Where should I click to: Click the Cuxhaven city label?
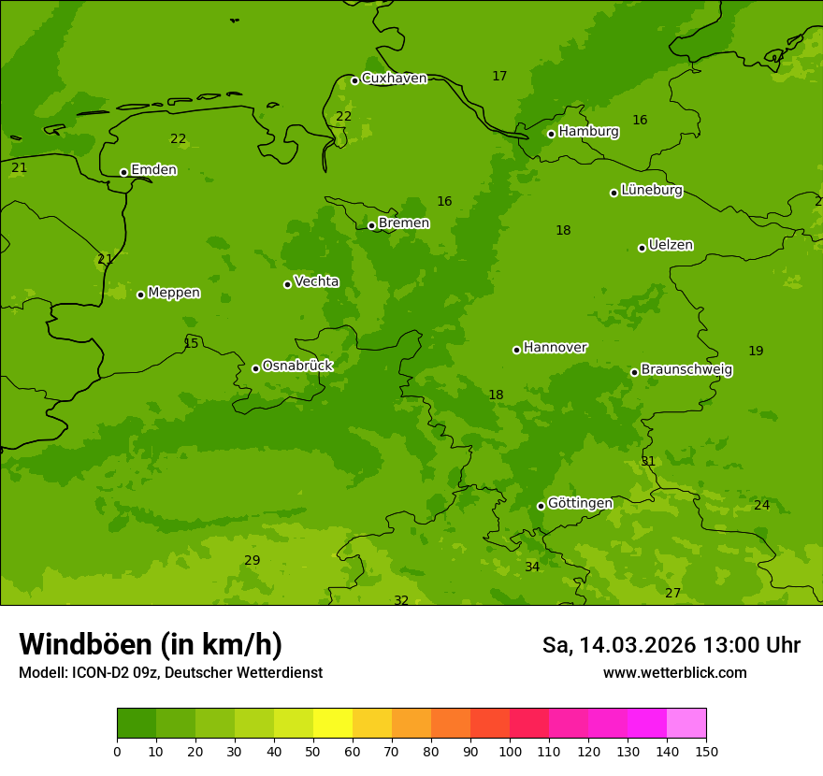coord(394,79)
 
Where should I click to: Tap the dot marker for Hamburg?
coord(552,134)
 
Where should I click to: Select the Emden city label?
coord(153,170)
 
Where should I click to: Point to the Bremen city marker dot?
coord(371,225)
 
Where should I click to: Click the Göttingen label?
coord(580,504)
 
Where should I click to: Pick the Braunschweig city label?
coord(686,370)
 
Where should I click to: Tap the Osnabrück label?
coord(297,366)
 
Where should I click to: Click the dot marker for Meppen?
coord(141,295)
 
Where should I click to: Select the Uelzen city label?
coord(671,246)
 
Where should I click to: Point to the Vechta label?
coord(316,282)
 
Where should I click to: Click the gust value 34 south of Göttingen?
coord(532,568)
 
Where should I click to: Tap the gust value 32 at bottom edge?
coord(401,600)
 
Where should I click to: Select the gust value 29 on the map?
coord(253,561)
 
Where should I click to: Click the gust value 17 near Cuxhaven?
coord(499,77)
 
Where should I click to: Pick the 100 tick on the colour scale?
coord(510,751)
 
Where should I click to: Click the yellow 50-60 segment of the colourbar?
coord(333,724)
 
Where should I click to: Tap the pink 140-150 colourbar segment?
coord(686,724)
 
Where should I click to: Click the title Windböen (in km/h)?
coord(151,644)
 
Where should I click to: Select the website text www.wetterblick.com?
coord(674,673)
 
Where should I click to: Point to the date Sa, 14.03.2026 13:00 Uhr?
coord(671,645)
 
